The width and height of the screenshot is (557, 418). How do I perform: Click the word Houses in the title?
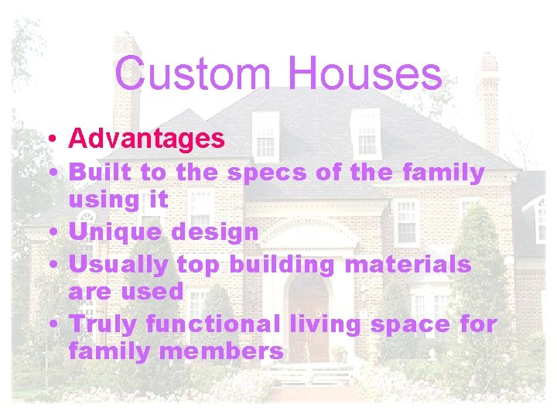click(366, 74)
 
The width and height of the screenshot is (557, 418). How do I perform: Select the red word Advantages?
click(147, 139)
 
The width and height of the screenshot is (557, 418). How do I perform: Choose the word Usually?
click(119, 265)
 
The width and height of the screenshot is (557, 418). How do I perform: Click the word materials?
click(408, 265)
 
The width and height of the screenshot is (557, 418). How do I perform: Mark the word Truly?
click(102, 324)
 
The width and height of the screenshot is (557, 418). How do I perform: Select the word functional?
click(220, 324)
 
